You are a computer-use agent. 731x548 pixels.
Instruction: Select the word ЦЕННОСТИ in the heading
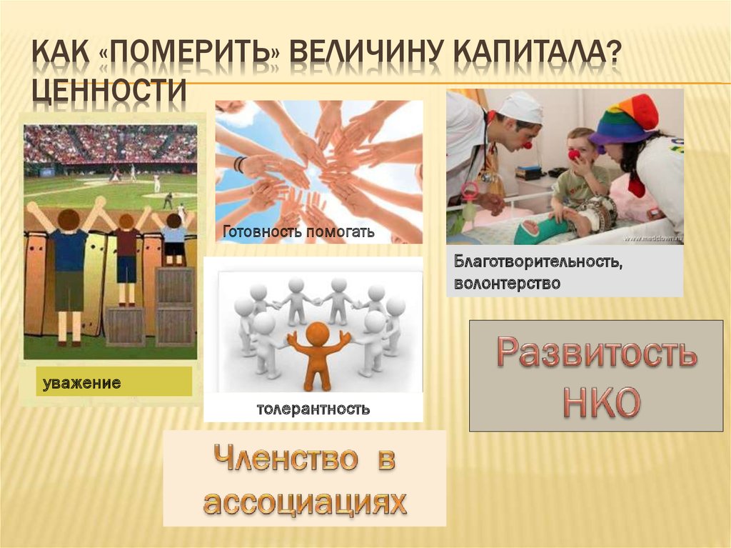[111, 91]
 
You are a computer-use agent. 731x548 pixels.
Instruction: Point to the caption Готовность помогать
[298, 232]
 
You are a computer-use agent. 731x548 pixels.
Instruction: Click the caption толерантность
[313, 409]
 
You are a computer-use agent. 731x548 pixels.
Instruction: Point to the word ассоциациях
[304, 502]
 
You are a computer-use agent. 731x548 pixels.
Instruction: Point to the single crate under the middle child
[126, 326]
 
